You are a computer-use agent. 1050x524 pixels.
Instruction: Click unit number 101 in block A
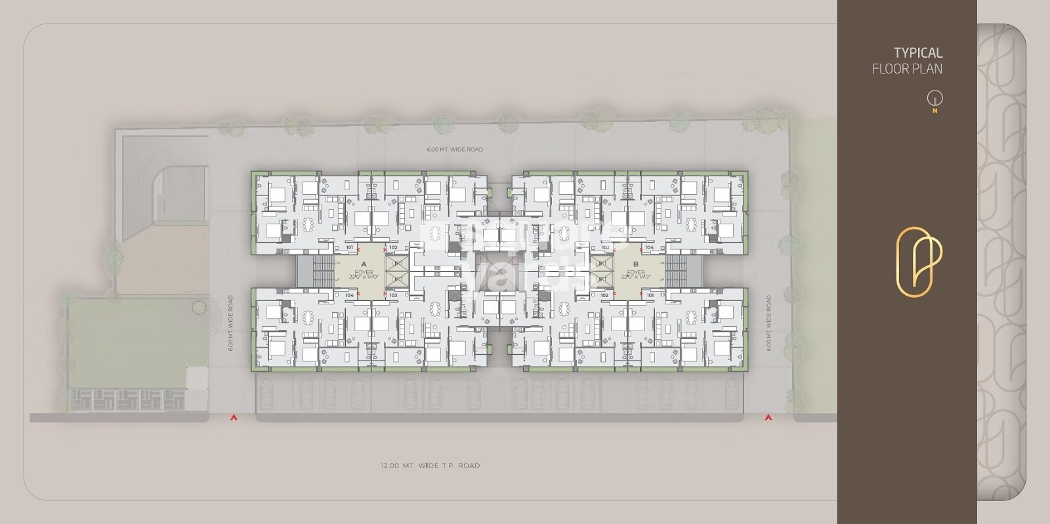pos(349,247)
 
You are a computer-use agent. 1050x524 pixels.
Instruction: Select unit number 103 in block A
pos(393,296)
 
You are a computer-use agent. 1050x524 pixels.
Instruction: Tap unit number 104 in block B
pos(649,247)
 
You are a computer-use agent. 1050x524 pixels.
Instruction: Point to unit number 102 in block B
pos(604,296)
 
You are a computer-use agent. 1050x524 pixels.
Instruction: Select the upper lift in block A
pos(397,264)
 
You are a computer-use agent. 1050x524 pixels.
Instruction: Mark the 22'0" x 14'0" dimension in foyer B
pos(635,277)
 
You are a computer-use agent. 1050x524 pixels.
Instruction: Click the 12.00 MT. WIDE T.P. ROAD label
pos(430,466)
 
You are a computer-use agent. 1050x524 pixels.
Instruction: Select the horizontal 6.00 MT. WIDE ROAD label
pos(455,150)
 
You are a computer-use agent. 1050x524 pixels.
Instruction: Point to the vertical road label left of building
pos(231,323)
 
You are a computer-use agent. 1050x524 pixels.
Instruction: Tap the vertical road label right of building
pos(768,323)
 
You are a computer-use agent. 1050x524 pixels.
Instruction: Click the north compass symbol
pos(934,99)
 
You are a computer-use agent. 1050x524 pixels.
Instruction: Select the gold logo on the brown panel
pos(919,262)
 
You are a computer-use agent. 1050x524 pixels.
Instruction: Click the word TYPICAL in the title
pos(917,53)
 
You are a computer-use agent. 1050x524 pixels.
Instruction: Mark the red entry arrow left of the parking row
pos(232,417)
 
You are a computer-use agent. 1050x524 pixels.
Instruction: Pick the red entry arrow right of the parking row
pos(767,417)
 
